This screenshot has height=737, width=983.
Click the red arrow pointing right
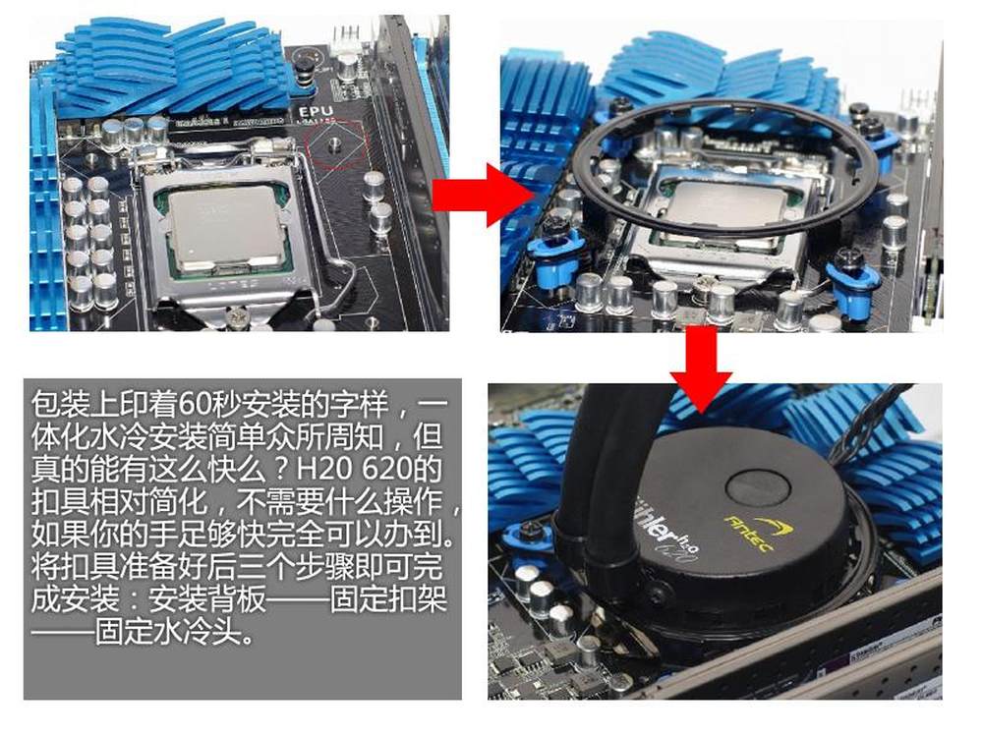pos(482,195)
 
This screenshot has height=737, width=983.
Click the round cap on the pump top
pos(759,486)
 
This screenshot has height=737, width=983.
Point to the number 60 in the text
pos(193,406)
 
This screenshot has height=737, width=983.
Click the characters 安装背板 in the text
pos(207,598)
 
